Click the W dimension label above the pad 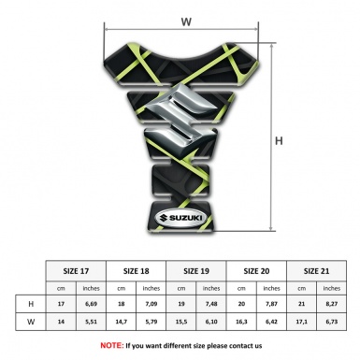(x=186, y=22)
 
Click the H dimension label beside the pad (x=279, y=141)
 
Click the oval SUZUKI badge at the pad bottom (x=180, y=218)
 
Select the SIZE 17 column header (x=76, y=271)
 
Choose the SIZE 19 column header (x=196, y=271)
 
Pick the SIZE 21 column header (x=316, y=271)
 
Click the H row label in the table (x=31, y=304)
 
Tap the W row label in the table (x=31, y=322)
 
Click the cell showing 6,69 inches (x=91, y=304)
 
